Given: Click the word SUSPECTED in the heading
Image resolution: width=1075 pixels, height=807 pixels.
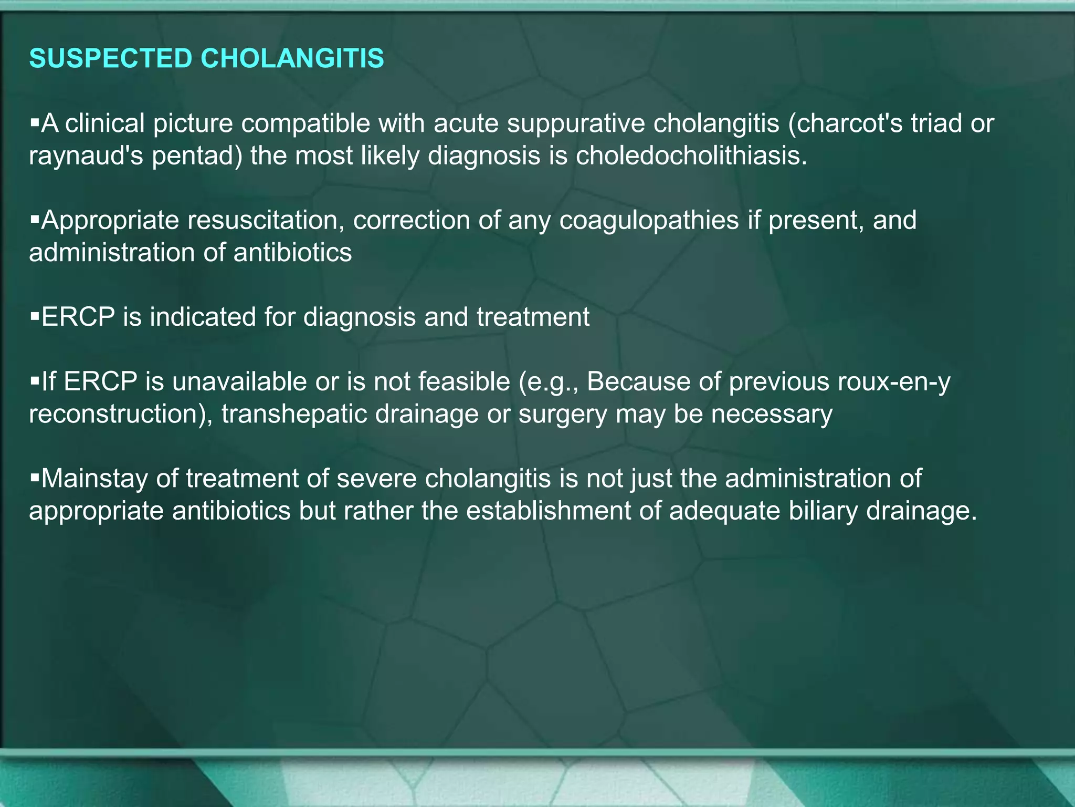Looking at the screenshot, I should [111, 58].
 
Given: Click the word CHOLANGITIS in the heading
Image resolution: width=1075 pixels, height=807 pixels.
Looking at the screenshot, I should [292, 58].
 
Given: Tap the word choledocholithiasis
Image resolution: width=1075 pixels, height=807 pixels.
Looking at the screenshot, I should [691, 156].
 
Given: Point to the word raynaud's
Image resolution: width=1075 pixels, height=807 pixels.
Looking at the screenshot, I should [86, 156].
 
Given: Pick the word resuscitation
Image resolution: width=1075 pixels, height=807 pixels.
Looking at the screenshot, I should [266, 220].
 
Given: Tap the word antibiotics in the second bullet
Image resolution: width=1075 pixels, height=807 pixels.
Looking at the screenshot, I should [292, 253].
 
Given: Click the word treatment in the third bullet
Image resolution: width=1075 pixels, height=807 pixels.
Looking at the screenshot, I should [533, 317].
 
